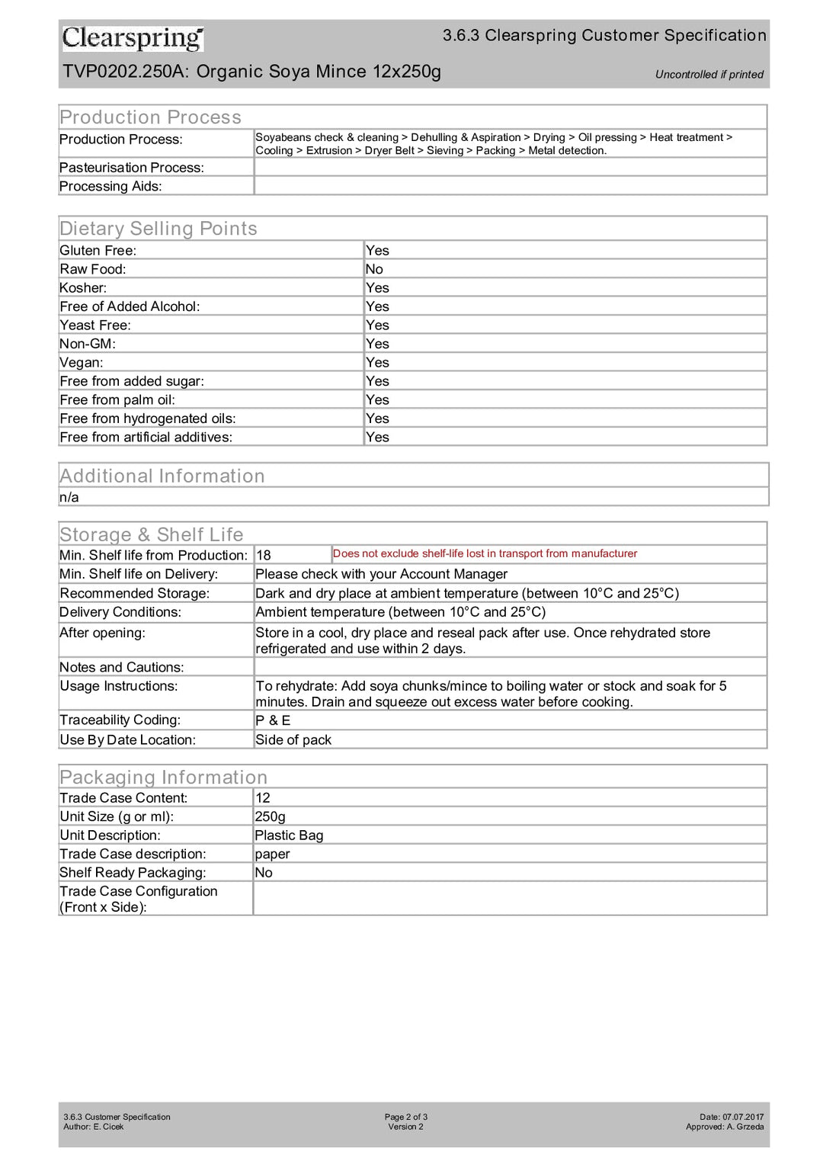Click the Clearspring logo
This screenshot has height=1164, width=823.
pyautogui.click(x=133, y=37)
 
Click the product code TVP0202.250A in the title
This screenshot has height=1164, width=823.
pyautogui.click(x=126, y=72)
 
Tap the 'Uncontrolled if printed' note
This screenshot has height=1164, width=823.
pyautogui.click(x=709, y=75)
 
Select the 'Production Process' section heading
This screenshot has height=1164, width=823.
pyautogui.click(x=150, y=117)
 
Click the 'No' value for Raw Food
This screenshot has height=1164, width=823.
pyautogui.click(x=374, y=269)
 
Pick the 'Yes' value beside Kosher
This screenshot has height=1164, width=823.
pyautogui.click(x=377, y=288)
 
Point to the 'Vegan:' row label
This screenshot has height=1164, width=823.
pyautogui.click(x=82, y=363)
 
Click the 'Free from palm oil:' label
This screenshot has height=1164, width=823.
pyautogui.click(x=117, y=400)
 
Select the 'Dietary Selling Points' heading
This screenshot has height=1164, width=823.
pyautogui.click(x=159, y=229)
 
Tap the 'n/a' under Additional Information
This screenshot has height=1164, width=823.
pyautogui.click(x=69, y=498)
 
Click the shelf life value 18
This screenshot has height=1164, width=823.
pyautogui.click(x=264, y=556)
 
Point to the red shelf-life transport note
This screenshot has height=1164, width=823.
pyautogui.click(x=485, y=553)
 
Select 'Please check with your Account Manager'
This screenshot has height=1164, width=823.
pyautogui.click(x=381, y=574)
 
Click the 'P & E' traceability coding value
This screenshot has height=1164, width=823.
pyautogui.click(x=273, y=720)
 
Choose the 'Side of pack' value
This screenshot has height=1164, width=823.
pyautogui.click(x=293, y=740)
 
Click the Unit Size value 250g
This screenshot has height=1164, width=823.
pyautogui.click(x=270, y=816)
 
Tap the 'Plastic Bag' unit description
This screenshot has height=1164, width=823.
pyautogui.click(x=289, y=835)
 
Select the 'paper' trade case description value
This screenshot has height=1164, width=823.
pyautogui.click(x=272, y=855)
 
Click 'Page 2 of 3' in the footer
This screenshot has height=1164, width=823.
pyautogui.click(x=406, y=1117)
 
